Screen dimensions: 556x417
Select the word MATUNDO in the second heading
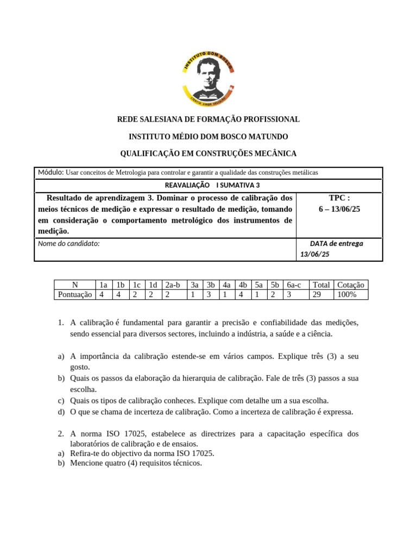point(268,136)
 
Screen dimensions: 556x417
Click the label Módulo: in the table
point(50,173)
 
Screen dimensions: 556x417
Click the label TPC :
point(339,198)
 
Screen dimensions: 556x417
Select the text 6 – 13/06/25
point(339,209)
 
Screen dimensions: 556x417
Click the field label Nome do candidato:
point(69,244)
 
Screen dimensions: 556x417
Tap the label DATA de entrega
point(337,244)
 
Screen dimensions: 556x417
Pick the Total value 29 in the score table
point(317,294)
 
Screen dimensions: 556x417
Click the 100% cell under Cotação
point(347,294)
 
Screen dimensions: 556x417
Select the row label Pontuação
point(75,294)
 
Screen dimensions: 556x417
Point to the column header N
point(75,285)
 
